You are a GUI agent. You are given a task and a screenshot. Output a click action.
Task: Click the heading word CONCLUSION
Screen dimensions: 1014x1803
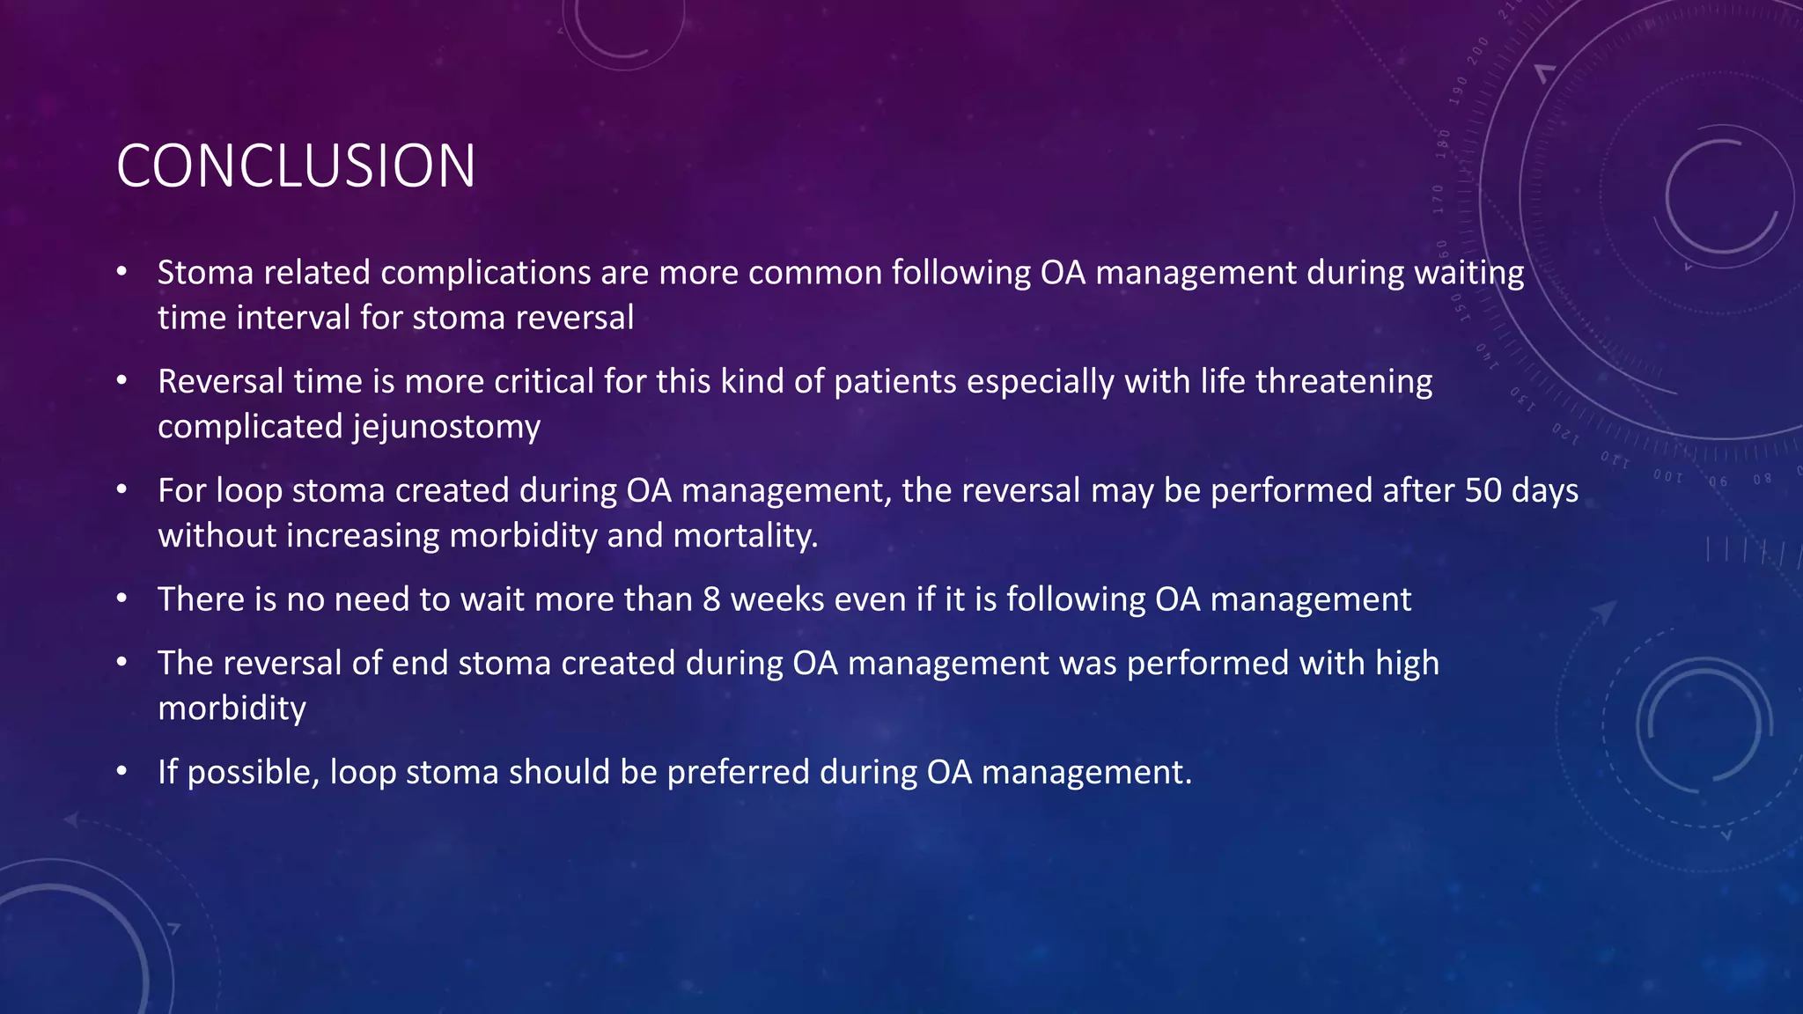pos(296,165)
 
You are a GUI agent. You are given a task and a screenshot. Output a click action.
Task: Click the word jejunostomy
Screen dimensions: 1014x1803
pos(446,427)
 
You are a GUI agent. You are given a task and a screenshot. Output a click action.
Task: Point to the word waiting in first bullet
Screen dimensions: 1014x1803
pos(1468,273)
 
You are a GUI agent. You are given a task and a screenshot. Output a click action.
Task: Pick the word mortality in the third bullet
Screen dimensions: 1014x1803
pos(745,536)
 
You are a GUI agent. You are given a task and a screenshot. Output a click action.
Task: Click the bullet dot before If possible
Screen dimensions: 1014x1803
pos(122,772)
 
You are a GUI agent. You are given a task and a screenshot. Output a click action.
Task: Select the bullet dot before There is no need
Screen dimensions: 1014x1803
pos(122,599)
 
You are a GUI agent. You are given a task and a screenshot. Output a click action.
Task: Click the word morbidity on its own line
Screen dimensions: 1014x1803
pos(232,709)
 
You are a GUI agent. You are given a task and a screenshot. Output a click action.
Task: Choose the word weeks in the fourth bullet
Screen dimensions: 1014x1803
pos(776,599)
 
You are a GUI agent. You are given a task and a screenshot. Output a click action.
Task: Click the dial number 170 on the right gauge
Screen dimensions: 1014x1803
pos(1438,199)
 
